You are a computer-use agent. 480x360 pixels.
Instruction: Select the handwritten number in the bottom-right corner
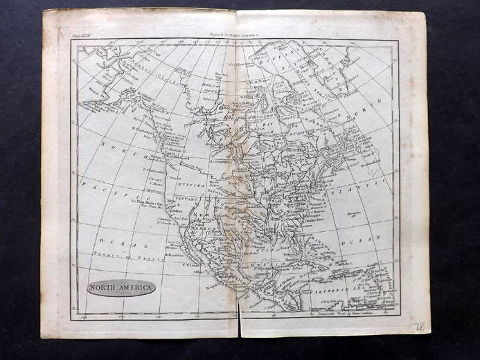(x=418, y=326)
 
